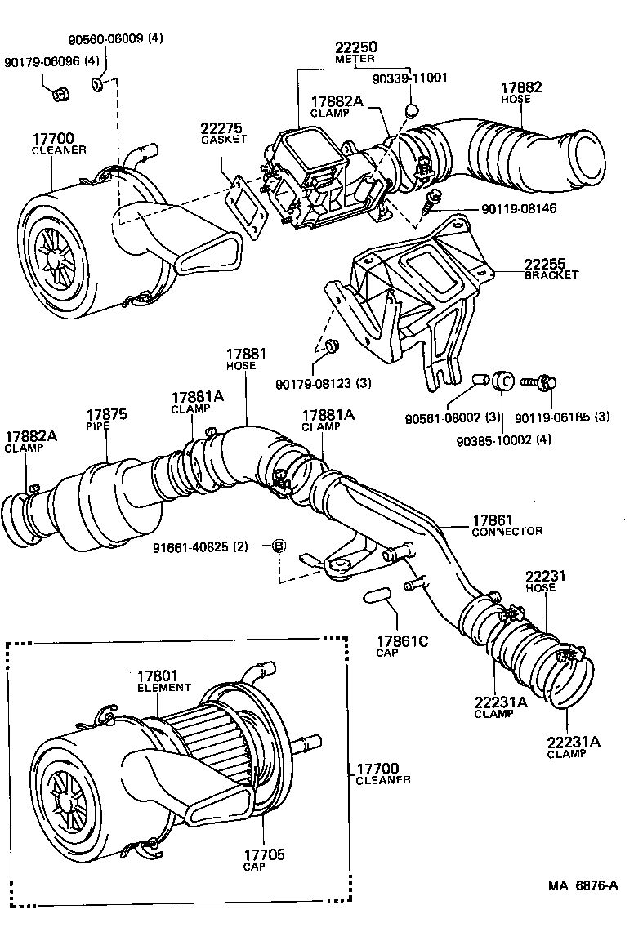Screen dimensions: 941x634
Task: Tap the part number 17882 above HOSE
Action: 521,88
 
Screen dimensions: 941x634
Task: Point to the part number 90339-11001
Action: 410,78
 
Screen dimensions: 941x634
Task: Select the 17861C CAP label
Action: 402,645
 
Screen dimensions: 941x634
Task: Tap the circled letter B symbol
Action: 278,546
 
